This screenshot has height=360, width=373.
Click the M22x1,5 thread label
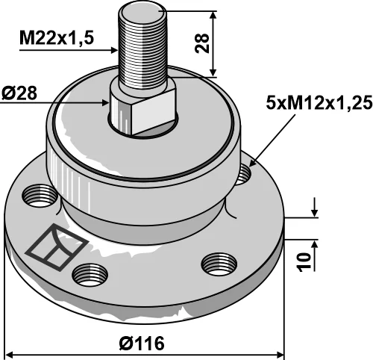pos(57,39)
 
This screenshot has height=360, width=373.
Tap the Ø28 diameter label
pos(19,93)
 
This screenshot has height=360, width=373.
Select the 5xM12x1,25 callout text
pos(319,103)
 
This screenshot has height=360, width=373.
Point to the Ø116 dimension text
pos(142,343)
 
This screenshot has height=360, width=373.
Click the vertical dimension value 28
pos(202,43)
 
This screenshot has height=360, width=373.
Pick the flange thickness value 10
pos(304,262)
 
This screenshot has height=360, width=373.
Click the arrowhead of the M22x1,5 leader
pos(114,50)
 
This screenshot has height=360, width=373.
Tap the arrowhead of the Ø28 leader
pos(106,102)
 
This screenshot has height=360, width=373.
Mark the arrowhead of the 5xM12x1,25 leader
pos(251,164)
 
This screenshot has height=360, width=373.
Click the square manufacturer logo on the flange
pos(57,247)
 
